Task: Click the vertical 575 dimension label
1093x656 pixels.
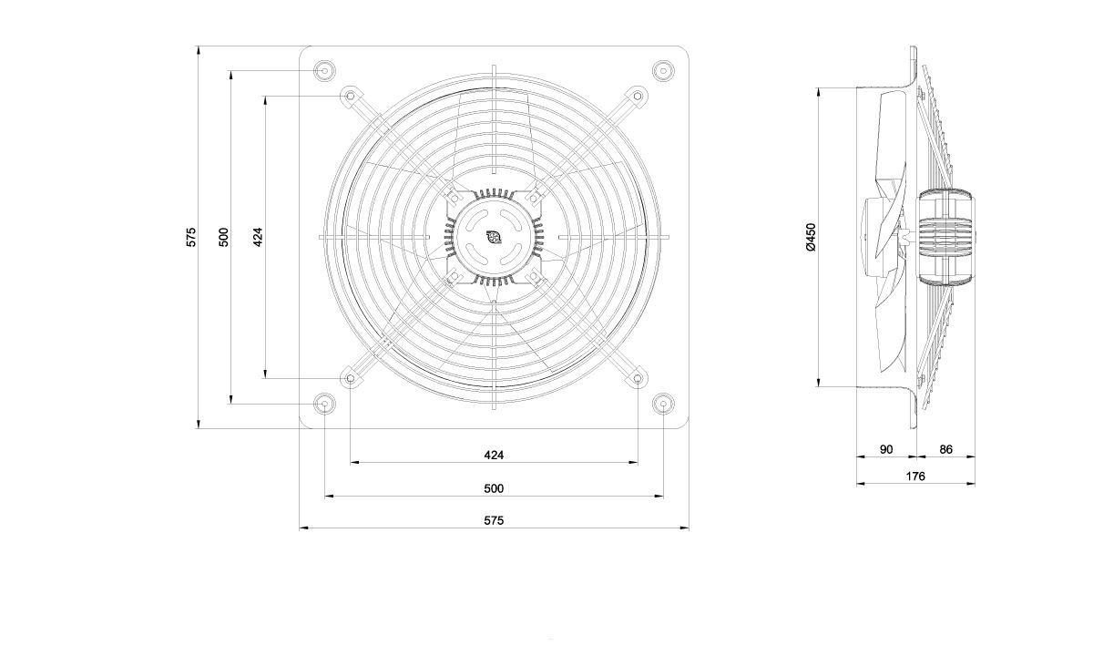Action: coord(191,237)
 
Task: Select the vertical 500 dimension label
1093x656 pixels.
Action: coord(223,237)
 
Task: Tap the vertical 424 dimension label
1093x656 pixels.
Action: coord(258,237)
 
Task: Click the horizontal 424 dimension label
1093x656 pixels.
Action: coord(494,455)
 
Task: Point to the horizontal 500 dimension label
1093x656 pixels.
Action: coord(494,488)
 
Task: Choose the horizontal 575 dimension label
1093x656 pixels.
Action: coord(494,520)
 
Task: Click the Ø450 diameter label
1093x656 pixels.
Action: coord(811,237)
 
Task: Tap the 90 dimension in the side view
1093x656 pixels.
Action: coord(886,449)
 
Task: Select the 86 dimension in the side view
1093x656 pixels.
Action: coord(945,449)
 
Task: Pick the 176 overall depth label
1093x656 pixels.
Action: coord(915,476)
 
